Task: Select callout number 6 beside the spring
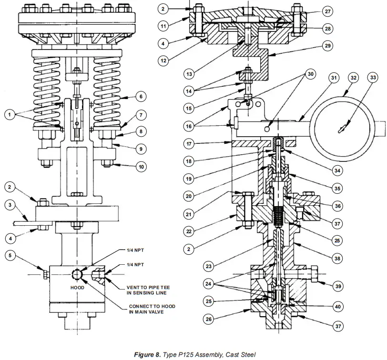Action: [x=140, y=96]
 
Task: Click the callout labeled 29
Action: [x=327, y=46]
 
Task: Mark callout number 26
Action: [x=208, y=320]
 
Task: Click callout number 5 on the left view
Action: [x=9, y=255]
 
